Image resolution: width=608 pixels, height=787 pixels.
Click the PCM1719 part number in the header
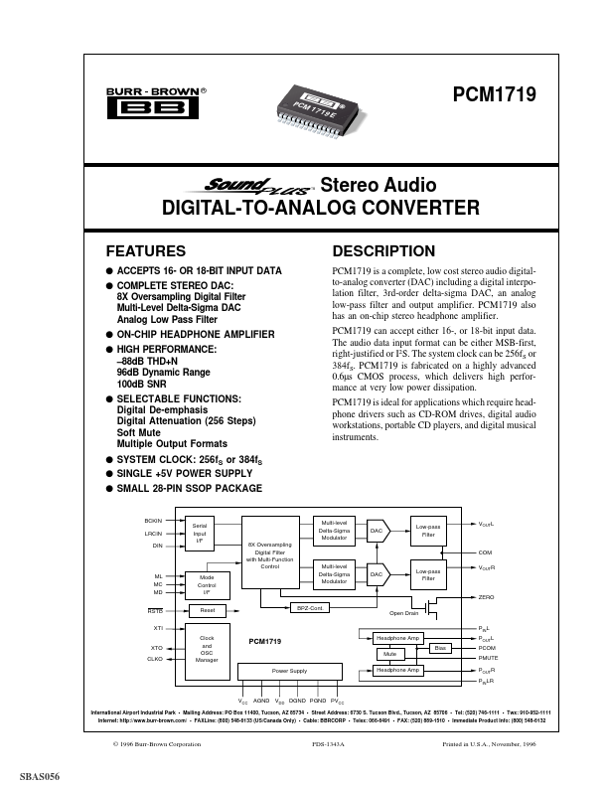[x=494, y=96]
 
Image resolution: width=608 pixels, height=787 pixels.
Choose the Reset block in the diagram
[x=207, y=610]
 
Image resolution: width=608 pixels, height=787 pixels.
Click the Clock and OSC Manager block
[x=207, y=648]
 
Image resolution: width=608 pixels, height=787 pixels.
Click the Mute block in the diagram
[x=388, y=654]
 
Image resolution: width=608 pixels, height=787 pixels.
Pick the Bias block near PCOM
[x=440, y=647]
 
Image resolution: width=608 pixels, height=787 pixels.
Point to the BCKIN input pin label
[x=153, y=520]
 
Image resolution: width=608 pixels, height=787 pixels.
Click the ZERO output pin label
[x=486, y=596]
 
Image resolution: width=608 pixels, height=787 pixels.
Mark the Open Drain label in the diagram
[x=404, y=613]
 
